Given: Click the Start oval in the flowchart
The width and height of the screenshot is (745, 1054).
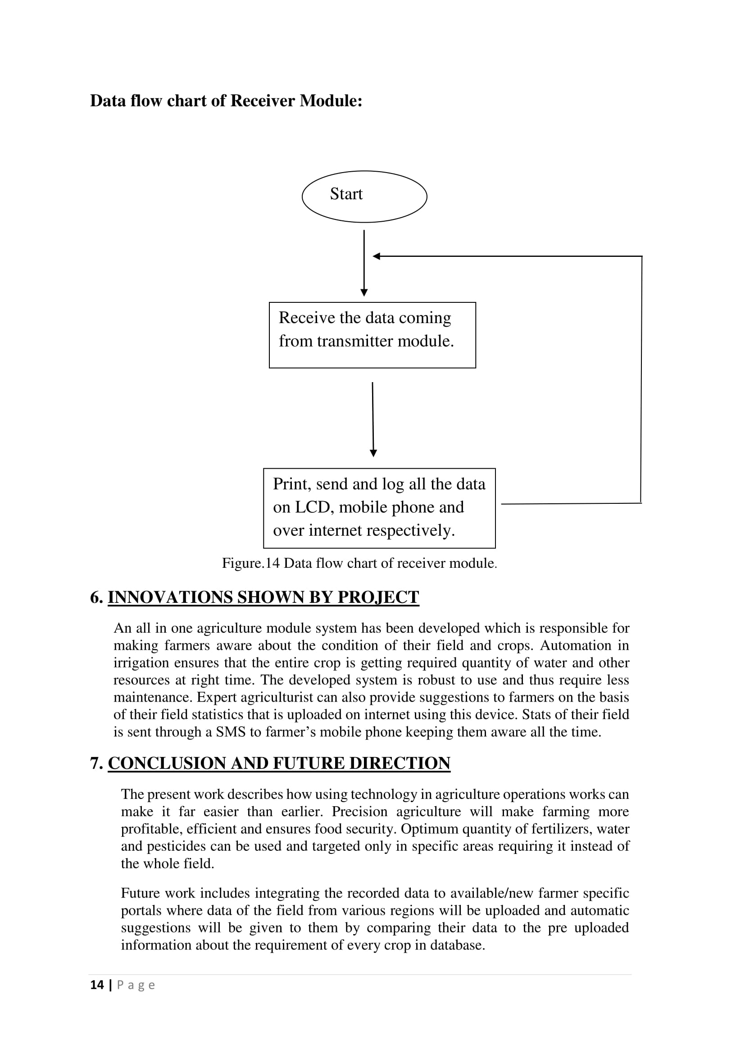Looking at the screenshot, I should (364, 196).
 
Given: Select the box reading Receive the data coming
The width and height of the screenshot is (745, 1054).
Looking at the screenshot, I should (372, 335).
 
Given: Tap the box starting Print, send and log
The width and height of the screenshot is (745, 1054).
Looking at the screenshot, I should (379, 508).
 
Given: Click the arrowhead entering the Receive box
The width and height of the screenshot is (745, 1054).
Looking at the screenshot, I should (364, 293).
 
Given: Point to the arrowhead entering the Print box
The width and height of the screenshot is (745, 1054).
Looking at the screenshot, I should (373, 453).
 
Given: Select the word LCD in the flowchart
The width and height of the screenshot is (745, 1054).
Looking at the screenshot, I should (313, 507).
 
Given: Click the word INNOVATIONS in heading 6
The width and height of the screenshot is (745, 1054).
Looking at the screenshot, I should (170, 597).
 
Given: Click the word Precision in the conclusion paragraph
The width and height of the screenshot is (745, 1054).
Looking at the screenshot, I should (359, 812).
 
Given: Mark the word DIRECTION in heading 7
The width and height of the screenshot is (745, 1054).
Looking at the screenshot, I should (400, 763).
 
